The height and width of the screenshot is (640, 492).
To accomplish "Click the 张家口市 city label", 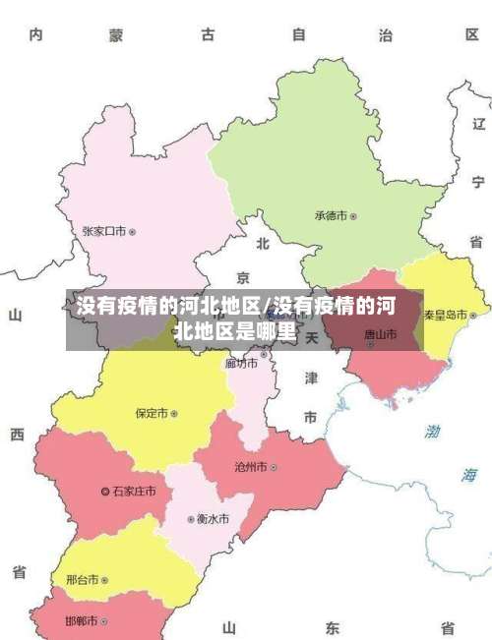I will (103, 232).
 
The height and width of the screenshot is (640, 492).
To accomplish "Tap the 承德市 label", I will (332, 215).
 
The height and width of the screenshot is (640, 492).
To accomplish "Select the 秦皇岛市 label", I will (446, 316).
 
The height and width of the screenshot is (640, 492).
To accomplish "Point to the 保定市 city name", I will (153, 414).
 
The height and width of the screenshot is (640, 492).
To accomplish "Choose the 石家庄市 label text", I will (134, 491).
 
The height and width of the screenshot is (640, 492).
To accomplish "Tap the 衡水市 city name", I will (213, 518).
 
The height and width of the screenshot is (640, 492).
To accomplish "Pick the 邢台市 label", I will (82, 580).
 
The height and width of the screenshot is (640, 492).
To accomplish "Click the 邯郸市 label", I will (82, 621).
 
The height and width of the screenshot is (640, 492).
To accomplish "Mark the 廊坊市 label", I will (241, 363).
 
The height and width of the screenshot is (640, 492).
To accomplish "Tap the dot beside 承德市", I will (354, 215).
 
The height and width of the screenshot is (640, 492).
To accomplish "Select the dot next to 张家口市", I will (133, 232).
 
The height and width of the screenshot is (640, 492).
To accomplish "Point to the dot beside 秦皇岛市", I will (473, 316).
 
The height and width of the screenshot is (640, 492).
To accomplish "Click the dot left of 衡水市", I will (191, 519).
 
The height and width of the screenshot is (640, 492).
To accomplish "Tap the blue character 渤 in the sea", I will (433, 431).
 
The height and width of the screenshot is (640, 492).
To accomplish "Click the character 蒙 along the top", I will (116, 36).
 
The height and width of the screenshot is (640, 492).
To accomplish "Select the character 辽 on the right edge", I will (479, 124).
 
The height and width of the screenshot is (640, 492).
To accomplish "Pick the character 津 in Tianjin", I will (310, 378).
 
